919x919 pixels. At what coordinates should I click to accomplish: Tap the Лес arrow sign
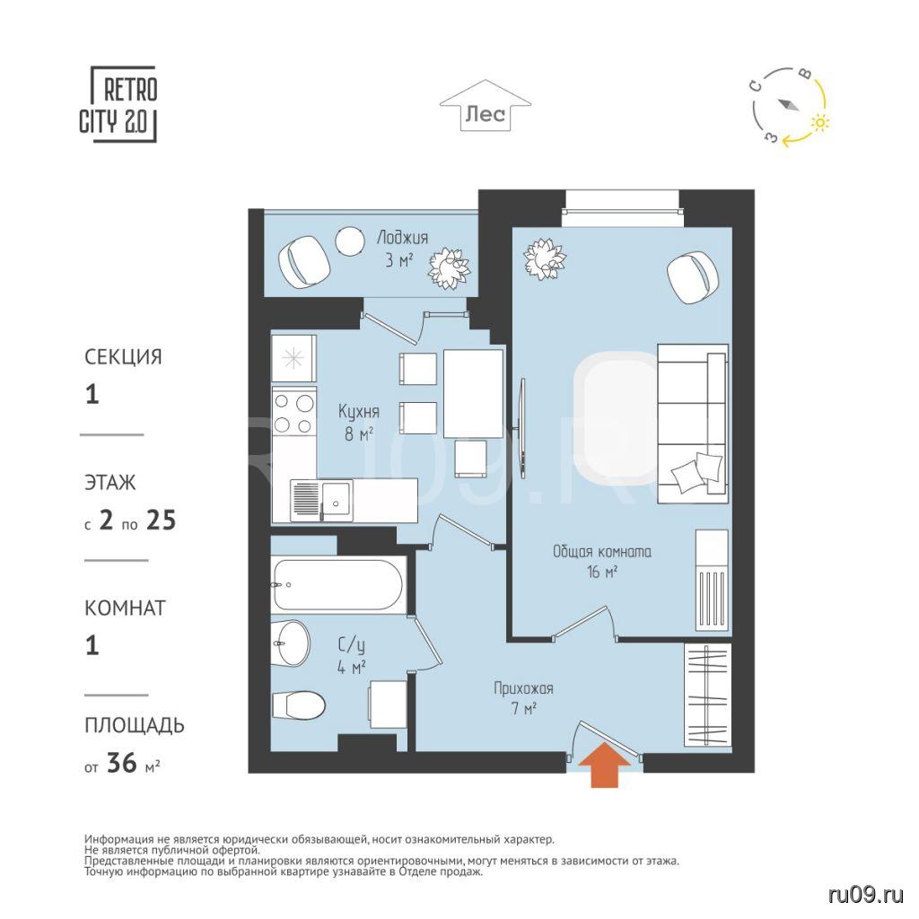click(486, 106)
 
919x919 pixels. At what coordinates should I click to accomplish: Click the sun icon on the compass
click(820, 122)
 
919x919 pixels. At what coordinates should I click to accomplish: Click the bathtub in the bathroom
click(338, 585)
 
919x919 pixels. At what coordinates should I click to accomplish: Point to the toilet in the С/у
click(299, 704)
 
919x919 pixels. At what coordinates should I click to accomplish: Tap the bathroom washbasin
click(291, 643)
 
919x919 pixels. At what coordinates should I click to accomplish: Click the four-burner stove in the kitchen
click(294, 413)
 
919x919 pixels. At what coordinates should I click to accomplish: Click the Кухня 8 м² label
click(358, 422)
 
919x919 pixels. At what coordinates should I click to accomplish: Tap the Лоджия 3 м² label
click(401, 249)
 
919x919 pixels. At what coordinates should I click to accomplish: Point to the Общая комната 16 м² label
click(602, 561)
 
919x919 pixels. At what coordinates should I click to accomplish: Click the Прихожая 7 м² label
click(523, 698)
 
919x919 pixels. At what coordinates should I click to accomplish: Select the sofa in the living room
click(693, 424)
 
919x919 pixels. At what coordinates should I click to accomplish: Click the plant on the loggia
click(449, 267)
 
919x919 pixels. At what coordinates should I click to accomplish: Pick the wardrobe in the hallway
click(707, 696)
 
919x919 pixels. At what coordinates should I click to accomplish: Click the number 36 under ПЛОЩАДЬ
click(122, 763)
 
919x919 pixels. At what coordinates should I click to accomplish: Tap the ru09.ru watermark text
click(866, 895)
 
